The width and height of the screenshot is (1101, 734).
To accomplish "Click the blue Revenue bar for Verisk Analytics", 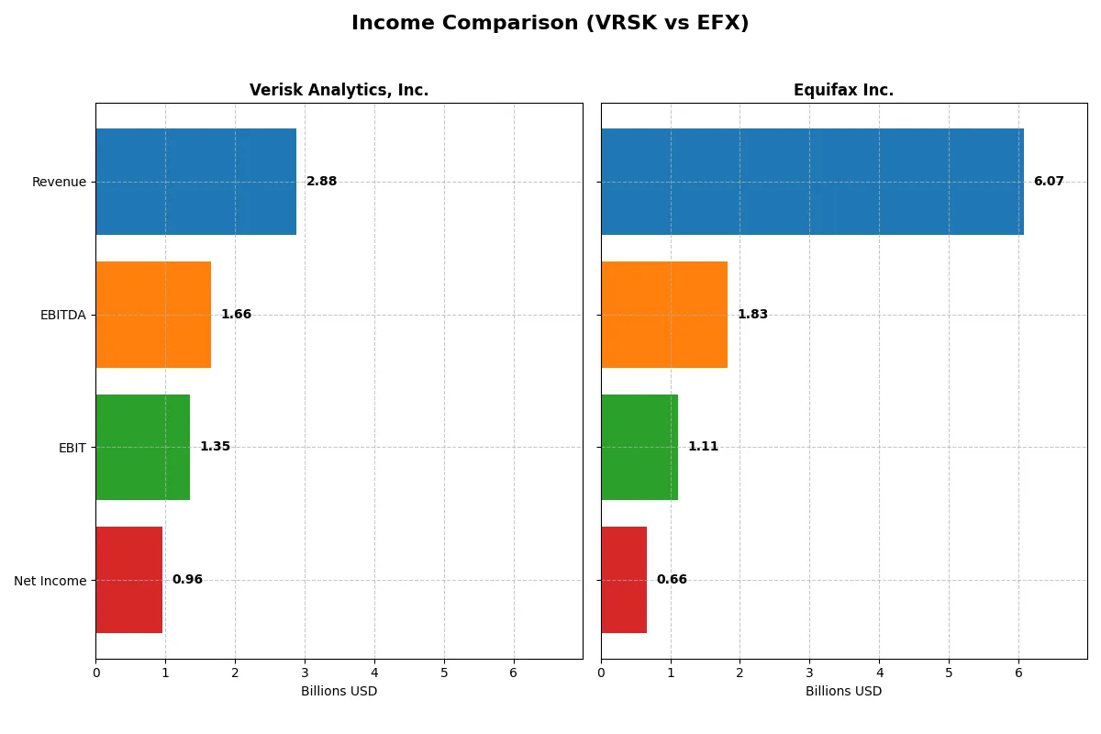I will click(x=195, y=182).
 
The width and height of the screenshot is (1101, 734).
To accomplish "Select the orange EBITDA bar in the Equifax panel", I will click(x=664, y=315).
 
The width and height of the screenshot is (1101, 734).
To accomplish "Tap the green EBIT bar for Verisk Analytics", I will click(x=142, y=447).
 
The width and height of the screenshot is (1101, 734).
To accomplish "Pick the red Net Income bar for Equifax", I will click(x=624, y=580).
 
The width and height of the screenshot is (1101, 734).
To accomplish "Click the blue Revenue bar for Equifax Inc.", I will click(x=812, y=182).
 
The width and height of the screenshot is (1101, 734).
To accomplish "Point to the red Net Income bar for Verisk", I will click(x=128, y=580).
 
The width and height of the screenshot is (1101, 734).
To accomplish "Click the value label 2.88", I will click(x=321, y=182).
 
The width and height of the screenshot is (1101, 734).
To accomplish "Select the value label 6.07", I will click(x=1049, y=182).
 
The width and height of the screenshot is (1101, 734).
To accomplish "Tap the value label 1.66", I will click(x=236, y=315).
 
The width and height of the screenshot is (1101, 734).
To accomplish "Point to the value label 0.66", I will click(x=672, y=580).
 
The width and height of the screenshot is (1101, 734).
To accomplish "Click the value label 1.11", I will click(x=703, y=447).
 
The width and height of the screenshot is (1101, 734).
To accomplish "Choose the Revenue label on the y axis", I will click(x=59, y=182).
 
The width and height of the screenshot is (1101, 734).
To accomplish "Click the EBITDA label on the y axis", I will click(x=62, y=315).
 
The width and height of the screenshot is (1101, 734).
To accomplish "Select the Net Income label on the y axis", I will click(x=50, y=581).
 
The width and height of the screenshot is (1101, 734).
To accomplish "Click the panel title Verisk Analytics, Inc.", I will click(x=339, y=90).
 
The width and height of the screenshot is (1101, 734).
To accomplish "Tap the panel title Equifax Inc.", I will click(x=843, y=90).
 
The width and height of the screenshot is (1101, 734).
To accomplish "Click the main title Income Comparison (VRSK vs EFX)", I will click(x=550, y=24).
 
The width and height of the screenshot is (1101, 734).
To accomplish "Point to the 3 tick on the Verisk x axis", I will click(x=305, y=673).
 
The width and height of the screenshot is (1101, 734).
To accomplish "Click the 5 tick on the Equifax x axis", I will click(x=949, y=673).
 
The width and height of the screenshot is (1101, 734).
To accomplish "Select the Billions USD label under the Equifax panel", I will click(x=843, y=691).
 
